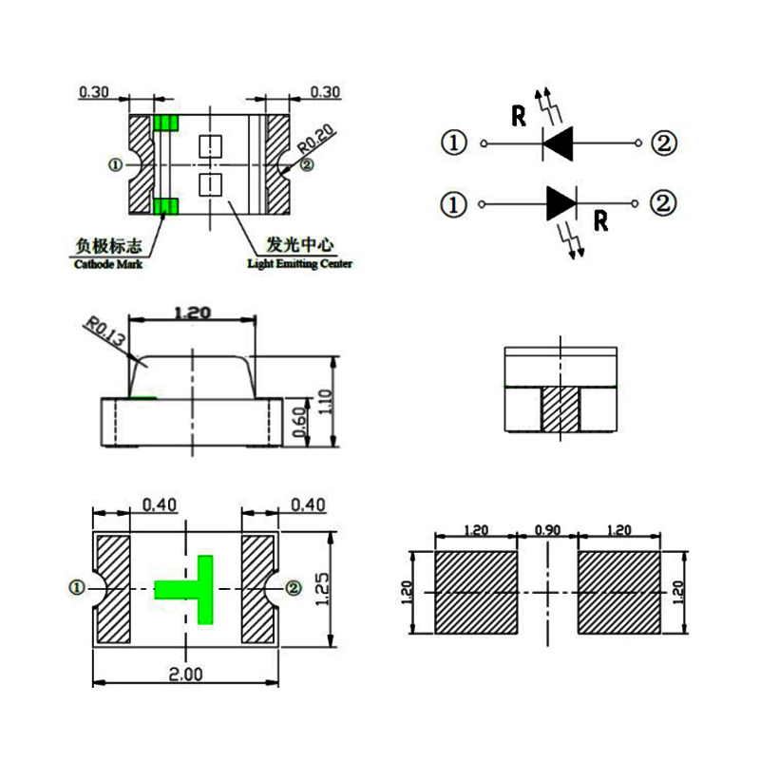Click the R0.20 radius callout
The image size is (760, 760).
tap(316, 141)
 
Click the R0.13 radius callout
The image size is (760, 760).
tap(104, 334)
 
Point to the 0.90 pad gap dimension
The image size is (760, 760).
tap(547, 530)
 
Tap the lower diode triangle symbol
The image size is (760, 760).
tap(561, 203)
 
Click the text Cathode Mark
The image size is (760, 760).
tap(108, 264)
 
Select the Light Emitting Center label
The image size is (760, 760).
tap(299, 263)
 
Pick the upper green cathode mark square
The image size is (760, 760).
tap(166, 123)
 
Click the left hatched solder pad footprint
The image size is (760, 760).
tap(475, 594)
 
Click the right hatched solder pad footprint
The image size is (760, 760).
tap(618, 594)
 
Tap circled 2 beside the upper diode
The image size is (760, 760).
tap(663, 143)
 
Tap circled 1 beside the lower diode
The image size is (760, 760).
tap(455, 203)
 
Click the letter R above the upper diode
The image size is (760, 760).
tap(519, 117)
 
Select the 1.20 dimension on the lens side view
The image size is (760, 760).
tap(193, 312)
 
